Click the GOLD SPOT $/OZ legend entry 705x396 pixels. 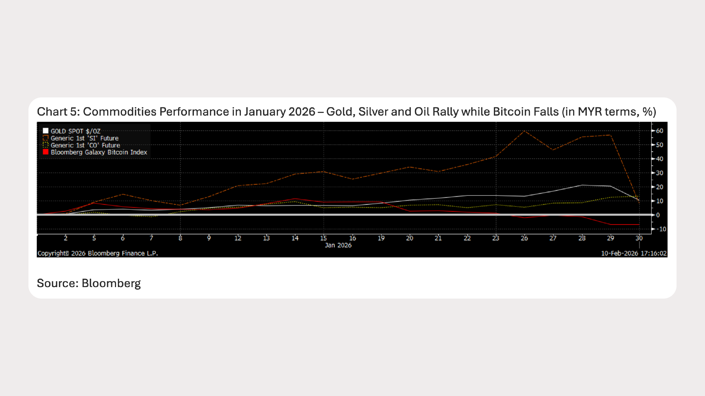[x=75, y=131]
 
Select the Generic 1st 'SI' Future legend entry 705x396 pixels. [x=84, y=138]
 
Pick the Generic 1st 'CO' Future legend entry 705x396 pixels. [x=85, y=145]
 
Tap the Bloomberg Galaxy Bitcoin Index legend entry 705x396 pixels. [x=99, y=152]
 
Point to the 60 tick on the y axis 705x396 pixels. [x=659, y=131]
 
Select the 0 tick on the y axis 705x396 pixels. [x=658, y=215]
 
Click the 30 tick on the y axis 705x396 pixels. [x=659, y=173]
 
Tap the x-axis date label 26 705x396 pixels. [x=524, y=238]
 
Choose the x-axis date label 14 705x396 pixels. [x=295, y=238]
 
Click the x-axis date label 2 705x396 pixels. [x=66, y=238]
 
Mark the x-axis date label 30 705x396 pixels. [x=639, y=238]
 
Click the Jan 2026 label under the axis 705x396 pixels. [x=338, y=245]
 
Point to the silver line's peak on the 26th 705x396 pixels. [x=524, y=131]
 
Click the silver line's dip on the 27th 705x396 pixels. [x=553, y=150]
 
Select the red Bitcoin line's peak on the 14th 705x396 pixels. [x=295, y=199]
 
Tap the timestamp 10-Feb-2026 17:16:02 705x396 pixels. [x=634, y=253]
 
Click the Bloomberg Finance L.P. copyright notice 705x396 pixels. [x=98, y=253]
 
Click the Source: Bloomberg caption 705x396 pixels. [x=88, y=283]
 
